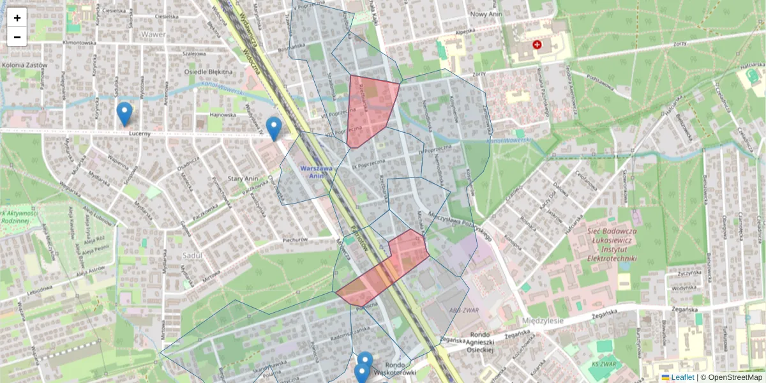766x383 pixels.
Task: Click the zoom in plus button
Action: [x=17, y=18]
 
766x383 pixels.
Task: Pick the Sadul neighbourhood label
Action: [x=191, y=255]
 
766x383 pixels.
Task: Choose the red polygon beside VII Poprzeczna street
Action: [x=370, y=107]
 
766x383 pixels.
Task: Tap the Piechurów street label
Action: [x=295, y=240]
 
